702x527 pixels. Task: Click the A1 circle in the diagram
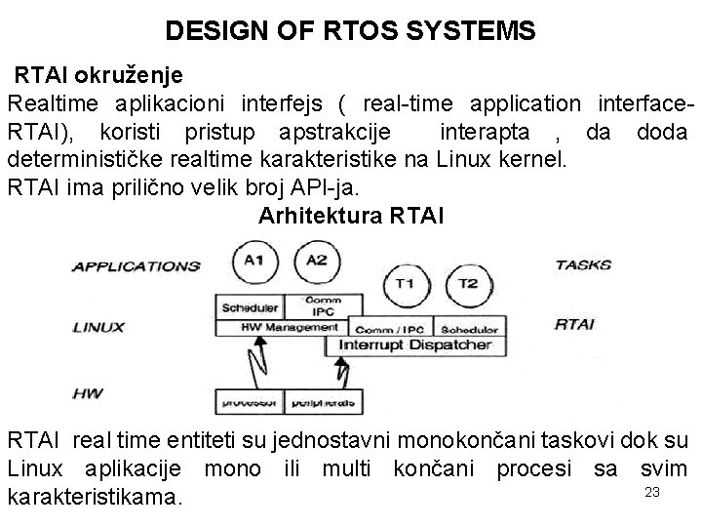tap(254, 261)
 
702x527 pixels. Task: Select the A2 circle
tap(316, 261)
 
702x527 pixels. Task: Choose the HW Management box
tap(282, 328)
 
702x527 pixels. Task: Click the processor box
tap(250, 401)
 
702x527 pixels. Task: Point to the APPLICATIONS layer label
tap(136, 265)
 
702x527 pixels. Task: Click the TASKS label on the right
tap(583, 264)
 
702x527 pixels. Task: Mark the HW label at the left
tap(87, 394)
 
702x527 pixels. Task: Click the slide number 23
tap(652, 493)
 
